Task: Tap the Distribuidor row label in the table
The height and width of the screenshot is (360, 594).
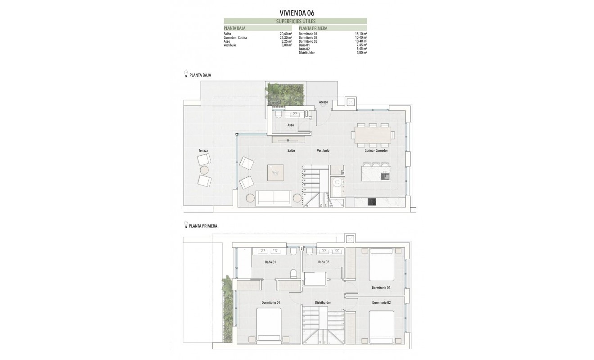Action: tap(306, 53)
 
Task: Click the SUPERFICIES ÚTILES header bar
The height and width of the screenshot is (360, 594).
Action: tap(296, 21)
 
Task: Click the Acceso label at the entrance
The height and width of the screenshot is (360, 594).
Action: tap(324, 102)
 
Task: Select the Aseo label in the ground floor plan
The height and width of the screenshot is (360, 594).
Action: tap(291, 125)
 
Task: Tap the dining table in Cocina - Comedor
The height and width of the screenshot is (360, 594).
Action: tap(373, 135)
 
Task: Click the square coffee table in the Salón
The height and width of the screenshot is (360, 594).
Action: tap(275, 172)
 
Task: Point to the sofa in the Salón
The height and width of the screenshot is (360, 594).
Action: tap(273, 198)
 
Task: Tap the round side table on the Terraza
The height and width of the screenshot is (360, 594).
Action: tap(204, 170)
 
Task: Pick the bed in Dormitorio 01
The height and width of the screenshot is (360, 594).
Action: tap(269, 325)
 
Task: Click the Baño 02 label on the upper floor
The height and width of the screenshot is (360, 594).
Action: tap(324, 262)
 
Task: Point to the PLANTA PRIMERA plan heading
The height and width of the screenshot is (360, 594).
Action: tap(203, 226)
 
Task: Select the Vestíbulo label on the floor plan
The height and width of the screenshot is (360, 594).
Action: tap(323, 150)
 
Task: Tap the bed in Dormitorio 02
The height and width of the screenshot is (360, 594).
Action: tap(381, 326)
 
